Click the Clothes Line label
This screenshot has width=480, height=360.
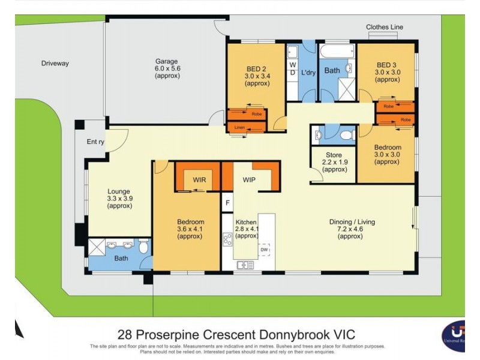[385, 27]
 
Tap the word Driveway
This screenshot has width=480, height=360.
[55, 63]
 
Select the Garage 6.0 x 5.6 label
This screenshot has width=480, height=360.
[166, 68]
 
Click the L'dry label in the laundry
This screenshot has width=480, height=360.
[308, 73]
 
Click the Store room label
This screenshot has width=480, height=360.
[334, 162]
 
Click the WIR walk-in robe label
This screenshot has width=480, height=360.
[199, 179]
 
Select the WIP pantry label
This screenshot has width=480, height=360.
[250, 179]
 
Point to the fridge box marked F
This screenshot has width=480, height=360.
[227, 202]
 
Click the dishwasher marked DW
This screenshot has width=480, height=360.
[264, 249]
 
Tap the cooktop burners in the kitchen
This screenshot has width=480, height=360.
[227, 239]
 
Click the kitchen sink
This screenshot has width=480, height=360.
[245, 265]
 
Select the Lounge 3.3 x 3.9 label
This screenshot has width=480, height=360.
[119, 199]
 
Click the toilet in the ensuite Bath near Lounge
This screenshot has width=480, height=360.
[143, 246]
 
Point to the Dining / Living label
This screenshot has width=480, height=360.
[352, 229]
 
